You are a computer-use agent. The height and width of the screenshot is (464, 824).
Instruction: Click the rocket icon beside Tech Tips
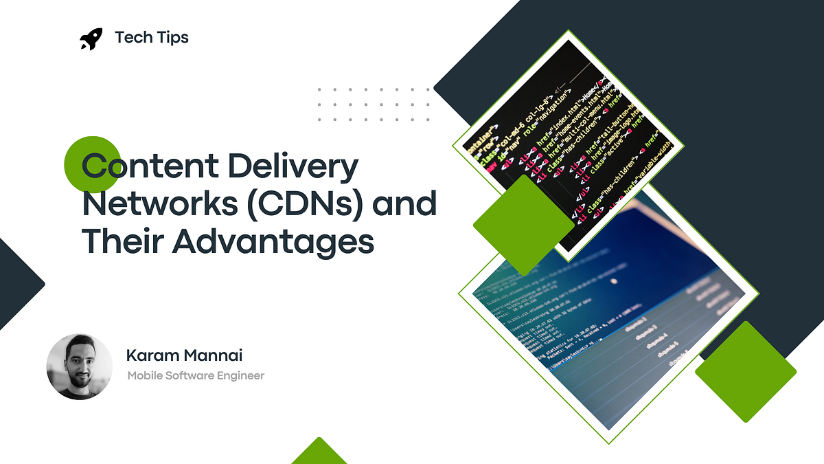[x=91, y=38]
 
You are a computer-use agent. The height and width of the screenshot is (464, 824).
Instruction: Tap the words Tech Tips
[x=152, y=38]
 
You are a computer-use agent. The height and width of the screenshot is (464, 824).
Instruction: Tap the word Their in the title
[x=122, y=242]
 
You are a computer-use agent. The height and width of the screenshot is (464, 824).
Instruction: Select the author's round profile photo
[x=79, y=367]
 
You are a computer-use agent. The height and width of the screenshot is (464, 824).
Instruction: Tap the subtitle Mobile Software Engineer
[x=196, y=375]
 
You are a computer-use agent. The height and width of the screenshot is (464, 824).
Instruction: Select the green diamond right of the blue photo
[x=745, y=372]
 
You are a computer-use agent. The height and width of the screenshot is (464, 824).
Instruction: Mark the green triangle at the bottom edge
[x=319, y=454]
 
